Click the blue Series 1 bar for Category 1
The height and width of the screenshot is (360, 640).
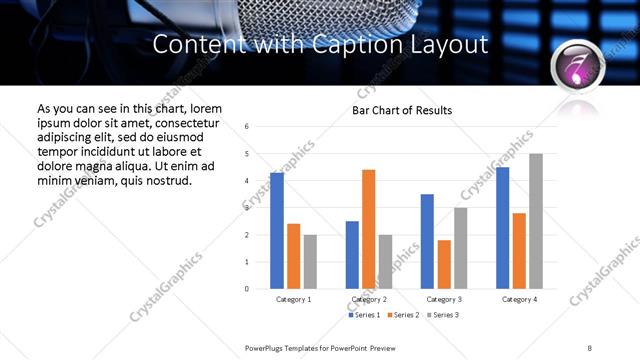[x=277, y=231]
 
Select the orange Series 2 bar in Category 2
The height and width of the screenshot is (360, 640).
[x=368, y=229]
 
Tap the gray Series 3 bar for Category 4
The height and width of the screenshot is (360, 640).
[x=536, y=221]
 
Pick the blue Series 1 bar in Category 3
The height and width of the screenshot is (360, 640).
[x=427, y=241]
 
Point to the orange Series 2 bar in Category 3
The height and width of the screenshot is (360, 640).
[x=444, y=264]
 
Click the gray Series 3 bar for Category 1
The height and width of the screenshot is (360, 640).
[x=310, y=262]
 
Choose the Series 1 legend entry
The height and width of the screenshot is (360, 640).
[x=364, y=315]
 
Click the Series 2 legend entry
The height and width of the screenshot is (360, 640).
[x=401, y=315]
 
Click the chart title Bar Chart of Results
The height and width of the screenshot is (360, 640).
[x=402, y=110]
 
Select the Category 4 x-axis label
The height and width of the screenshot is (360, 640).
[x=519, y=299]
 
